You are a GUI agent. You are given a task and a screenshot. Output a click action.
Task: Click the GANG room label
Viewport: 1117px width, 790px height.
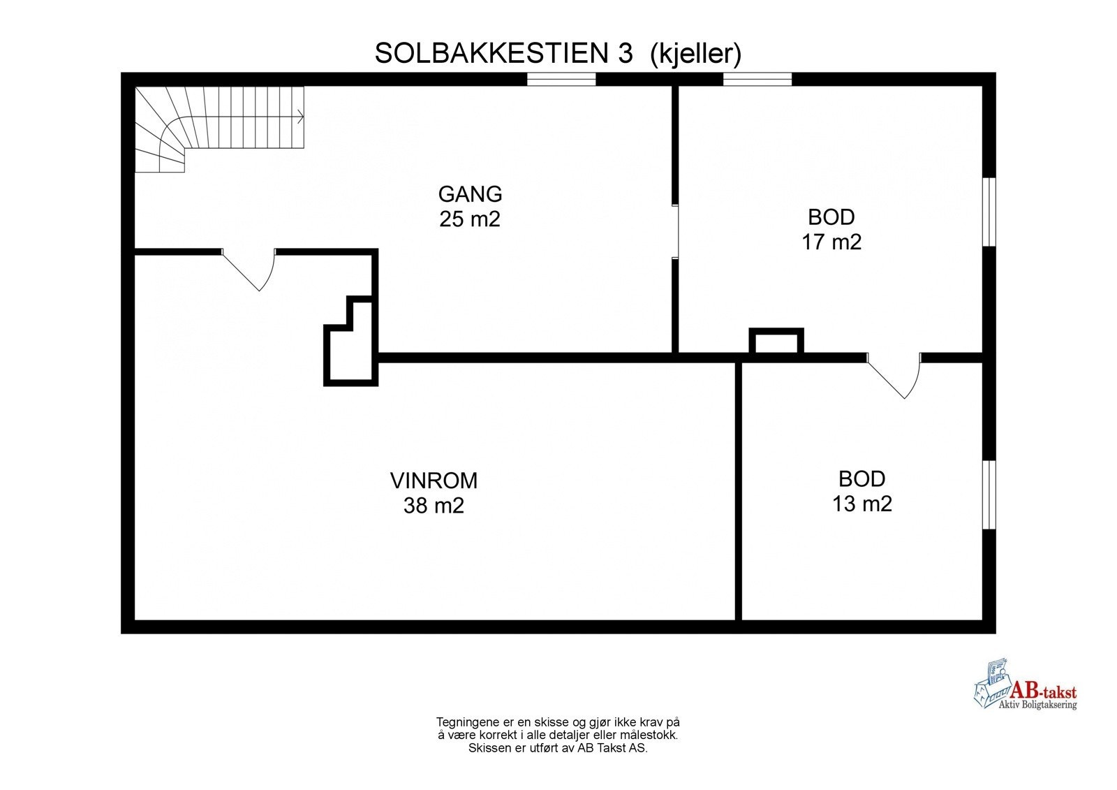(x=470, y=193)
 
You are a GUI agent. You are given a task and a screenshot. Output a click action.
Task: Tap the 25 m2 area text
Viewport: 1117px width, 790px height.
(x=470, y=219)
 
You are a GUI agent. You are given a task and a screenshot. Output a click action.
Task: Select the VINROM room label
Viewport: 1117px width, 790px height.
(x=434, y=481)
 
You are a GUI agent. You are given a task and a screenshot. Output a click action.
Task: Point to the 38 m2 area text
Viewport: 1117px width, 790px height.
(x=434, y=506)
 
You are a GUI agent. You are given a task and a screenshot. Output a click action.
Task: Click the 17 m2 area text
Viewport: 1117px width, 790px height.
(x=831, y=242)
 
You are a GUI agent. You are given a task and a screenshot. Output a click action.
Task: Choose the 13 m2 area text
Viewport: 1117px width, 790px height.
(x=861, y=504)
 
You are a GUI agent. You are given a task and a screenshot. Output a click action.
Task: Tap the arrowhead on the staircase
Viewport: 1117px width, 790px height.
(x=302, y=116)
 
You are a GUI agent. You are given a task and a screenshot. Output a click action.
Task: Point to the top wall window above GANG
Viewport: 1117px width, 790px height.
(x=561, y=80)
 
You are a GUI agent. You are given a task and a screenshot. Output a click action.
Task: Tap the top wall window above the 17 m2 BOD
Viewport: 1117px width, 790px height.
(x=757, y=80)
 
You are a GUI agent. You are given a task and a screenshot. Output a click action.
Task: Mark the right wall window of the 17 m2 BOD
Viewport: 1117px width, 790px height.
(x=989, y=212)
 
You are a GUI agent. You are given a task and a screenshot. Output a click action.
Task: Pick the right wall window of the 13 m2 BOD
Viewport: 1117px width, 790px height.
(x=989, y=495)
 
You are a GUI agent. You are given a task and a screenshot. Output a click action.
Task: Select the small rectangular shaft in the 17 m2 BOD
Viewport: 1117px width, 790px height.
(x=776, y=342)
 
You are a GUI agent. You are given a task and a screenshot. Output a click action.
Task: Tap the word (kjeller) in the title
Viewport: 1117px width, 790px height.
(x=695, y=53)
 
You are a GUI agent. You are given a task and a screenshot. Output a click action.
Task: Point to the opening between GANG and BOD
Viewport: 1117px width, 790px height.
(x=675, y=232)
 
